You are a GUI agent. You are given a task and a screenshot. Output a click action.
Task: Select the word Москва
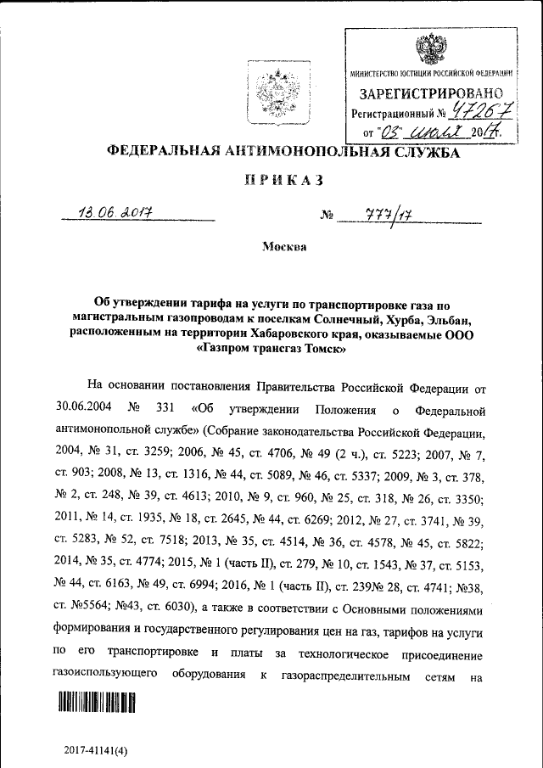pyautogui.click(x=283, y=247)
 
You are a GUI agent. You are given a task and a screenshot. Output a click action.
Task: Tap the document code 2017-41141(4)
pyautogui.click(x=95, y=751)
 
